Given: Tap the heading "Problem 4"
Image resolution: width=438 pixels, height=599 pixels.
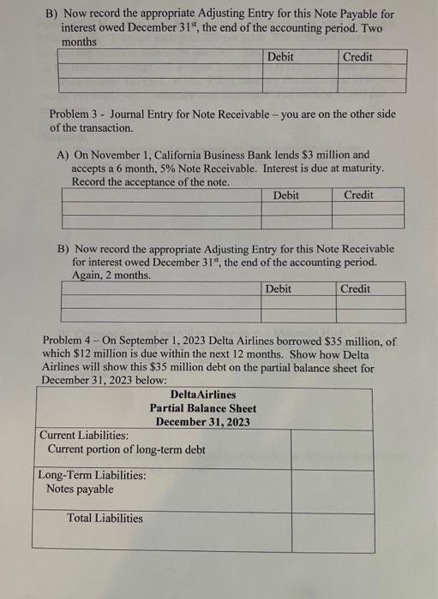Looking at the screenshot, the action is point(68,341).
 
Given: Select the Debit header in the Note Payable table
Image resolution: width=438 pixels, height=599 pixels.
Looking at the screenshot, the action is point(280,56).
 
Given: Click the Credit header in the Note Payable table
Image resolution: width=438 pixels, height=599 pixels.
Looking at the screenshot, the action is point(357,56).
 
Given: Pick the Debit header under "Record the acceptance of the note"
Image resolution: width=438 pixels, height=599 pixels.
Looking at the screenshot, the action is point(285,195).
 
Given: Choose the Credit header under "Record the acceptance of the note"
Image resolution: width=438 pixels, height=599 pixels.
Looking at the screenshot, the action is point(358,195).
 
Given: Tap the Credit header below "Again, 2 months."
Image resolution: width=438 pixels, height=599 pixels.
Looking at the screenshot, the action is point(355,289).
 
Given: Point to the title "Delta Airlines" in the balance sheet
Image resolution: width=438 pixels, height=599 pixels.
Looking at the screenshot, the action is point(203,394).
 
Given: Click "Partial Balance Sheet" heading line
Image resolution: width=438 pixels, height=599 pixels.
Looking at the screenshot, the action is point(203,408).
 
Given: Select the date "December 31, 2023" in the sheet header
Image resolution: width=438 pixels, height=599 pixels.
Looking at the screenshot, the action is point(203,422).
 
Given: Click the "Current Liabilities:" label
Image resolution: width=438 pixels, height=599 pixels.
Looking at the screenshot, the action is point(84,436).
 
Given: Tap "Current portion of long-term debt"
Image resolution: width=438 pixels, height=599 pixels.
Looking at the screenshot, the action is point(126,449).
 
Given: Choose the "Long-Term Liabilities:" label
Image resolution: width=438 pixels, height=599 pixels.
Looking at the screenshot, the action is point(92,476).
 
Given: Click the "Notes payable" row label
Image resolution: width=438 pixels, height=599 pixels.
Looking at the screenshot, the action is point(79,489).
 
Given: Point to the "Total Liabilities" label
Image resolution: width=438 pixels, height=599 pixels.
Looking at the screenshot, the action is point(105,518).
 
